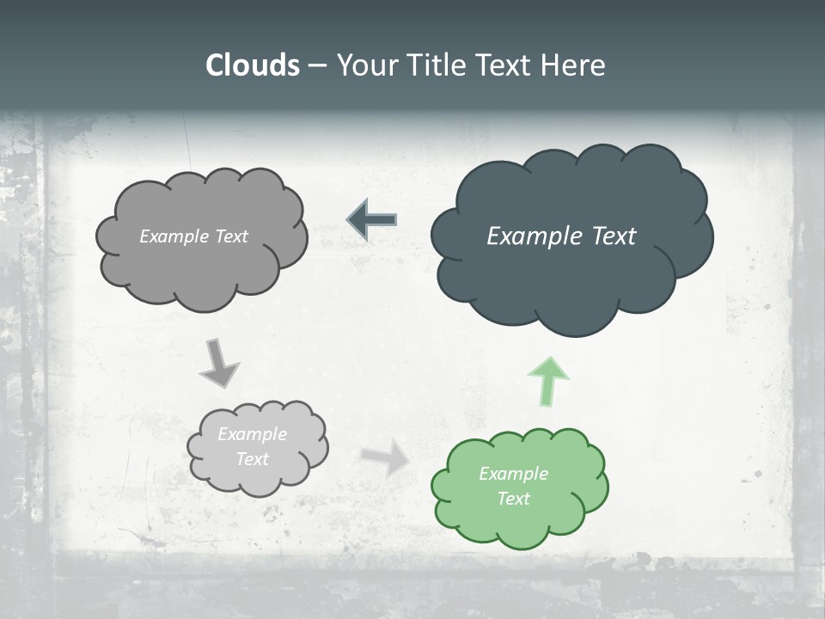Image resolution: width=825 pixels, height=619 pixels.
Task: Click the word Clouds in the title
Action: [x=253, y=65]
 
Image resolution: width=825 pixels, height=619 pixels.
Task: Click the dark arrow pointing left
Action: [x=371, y=220]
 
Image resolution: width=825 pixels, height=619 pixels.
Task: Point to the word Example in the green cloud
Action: [x=513, y=474]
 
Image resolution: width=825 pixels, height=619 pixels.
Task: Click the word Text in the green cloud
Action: [x=513, y=499]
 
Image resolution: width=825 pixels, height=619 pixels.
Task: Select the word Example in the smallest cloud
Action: [x=252, y=434]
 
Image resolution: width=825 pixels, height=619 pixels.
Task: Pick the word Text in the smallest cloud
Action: [x=252, y=459]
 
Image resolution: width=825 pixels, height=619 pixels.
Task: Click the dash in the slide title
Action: [x=317, y=66]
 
